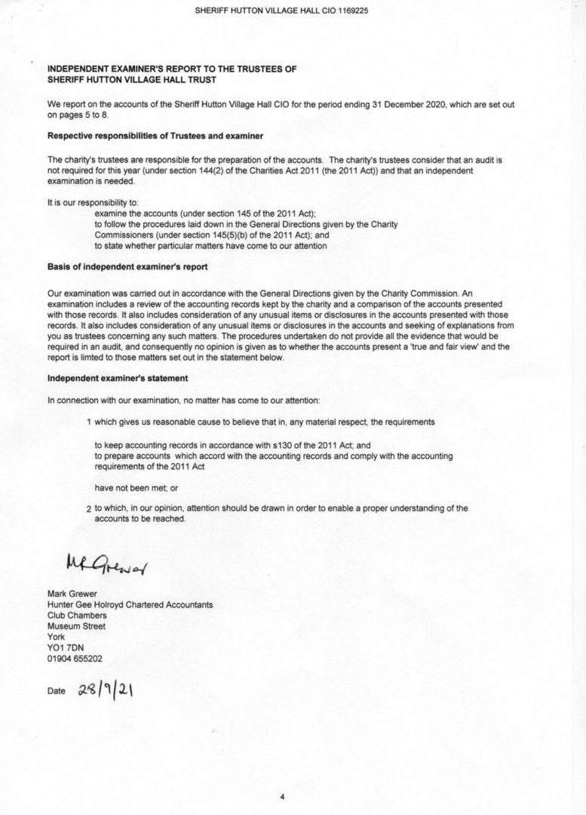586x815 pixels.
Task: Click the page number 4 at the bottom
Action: click(281, 795)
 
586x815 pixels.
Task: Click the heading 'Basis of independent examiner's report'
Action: click(127, 268)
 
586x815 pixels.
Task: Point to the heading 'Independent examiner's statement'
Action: click(118, 377)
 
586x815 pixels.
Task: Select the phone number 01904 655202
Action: click(75, 658)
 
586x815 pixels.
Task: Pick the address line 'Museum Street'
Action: click(76, 626)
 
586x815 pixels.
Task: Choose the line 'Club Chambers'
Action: click(77, 615)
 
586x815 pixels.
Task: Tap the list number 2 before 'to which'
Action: click(89, 509)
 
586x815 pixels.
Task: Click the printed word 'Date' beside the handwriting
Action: click(57, 691)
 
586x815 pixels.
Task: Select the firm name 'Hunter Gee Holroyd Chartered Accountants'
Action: click(130, 604)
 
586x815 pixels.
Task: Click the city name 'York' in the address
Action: click(56, 636)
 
